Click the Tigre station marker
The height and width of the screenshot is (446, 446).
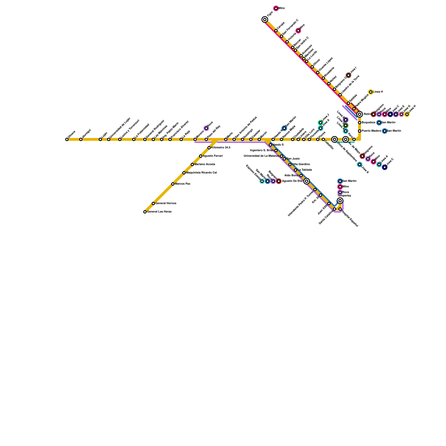click(x=265, y=20)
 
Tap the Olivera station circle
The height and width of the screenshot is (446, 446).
click(x=67, y=139)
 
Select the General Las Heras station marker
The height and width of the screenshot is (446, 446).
click(x=145, y=212)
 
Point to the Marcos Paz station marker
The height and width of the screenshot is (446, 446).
click(x=173, y=184)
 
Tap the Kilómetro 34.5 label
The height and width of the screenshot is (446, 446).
click(x=221, y=148)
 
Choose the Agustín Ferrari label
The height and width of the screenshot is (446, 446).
click(x=213, y=156)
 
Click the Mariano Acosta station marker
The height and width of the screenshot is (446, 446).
click(x=192, y=164)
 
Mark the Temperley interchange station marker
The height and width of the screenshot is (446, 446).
click(x=340, y=201)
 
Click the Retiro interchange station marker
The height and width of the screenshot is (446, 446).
click(x=360, y=114)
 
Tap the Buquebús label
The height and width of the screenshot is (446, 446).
click(x=369, y=123)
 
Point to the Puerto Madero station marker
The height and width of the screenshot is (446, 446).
click(x=360, y=131)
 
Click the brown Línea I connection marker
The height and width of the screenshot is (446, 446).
click(x=348, y=75)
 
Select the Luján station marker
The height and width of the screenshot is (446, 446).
click(x=100, y=139)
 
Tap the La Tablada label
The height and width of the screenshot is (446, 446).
click(x=305, y=170)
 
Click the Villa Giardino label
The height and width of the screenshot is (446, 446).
click(x=301, y=164)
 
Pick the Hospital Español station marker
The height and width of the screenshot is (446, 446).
click(x=340, y=209)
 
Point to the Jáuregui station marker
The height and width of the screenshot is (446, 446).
click(x=81, y=139)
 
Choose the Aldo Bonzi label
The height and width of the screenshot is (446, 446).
click(x=292, y=176)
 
